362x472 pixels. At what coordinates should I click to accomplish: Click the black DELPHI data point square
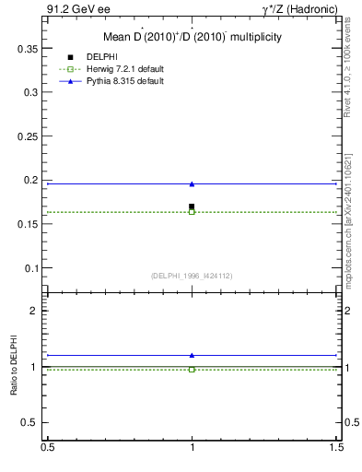[192, 206]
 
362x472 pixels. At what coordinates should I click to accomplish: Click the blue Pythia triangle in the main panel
[192, 184]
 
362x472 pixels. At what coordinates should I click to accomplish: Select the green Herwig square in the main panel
[192, 212]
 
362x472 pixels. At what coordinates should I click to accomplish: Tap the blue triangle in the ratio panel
[192, 355]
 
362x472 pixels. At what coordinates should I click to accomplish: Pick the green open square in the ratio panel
[192, 369]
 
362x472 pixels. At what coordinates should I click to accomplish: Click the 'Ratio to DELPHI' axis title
[14, 367]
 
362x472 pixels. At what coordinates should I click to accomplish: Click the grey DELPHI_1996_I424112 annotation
[192, 275]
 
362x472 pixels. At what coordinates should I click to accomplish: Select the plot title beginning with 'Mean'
[192, 37]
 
